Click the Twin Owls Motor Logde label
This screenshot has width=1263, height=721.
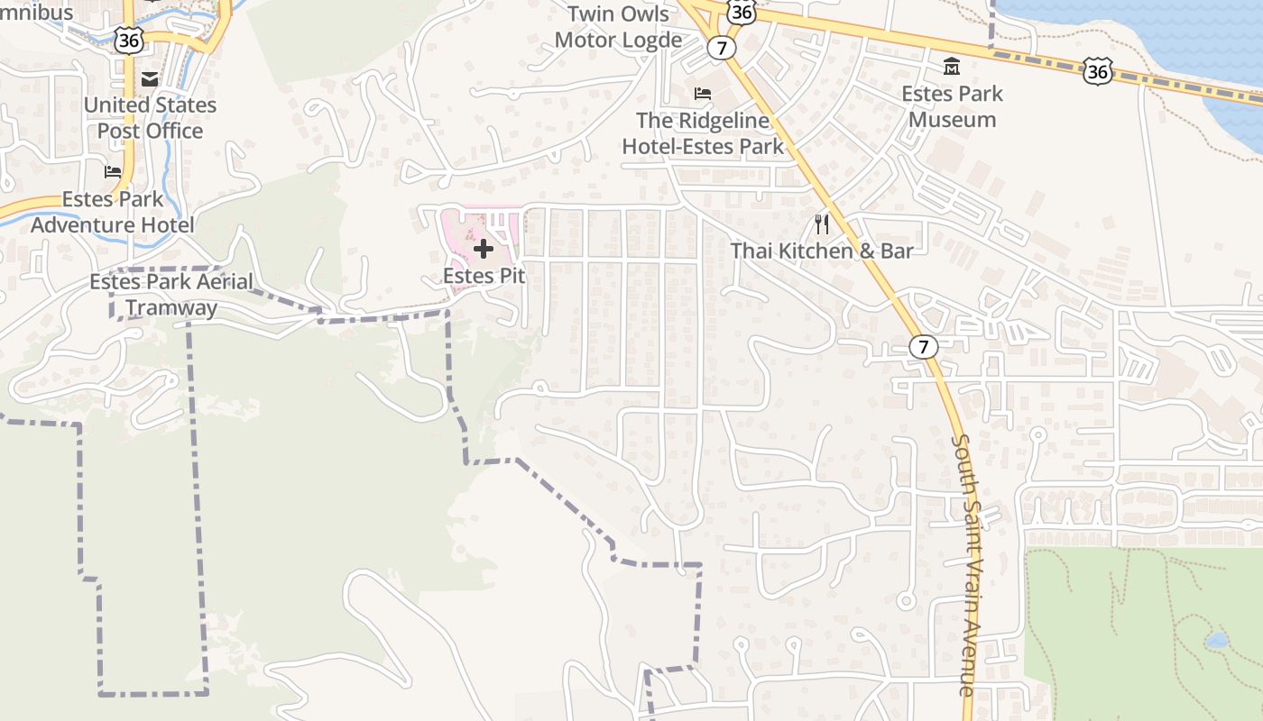coord(618,27)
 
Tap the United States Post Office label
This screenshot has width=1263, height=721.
coord(150,118)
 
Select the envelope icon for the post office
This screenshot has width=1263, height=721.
coord(150,79)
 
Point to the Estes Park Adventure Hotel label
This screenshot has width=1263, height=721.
coord(113,212)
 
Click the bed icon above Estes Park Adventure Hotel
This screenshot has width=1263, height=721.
coord(113,171)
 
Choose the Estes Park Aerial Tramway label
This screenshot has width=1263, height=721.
coord(171,295)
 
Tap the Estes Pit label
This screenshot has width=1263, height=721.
coord(484,277)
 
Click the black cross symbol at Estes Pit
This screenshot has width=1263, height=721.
coord(484,248)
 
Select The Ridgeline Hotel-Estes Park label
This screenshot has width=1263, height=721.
coord(703,133)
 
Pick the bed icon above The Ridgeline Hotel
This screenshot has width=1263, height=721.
coord(703,94)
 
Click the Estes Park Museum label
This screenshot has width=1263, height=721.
coord(952,106)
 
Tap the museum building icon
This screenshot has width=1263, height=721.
coord(952,67)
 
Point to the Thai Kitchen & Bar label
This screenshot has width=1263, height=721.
coord(822,251)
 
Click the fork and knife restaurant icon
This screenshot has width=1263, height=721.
coord(822,224)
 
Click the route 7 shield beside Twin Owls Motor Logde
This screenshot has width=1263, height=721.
coord(721,47)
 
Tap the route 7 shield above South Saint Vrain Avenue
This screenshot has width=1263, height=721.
coord(922,346)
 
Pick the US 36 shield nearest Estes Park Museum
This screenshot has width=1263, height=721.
coord(1098,71)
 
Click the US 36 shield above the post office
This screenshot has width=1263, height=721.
coord(129,38)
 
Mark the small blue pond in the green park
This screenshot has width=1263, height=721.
coord(1216,641)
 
